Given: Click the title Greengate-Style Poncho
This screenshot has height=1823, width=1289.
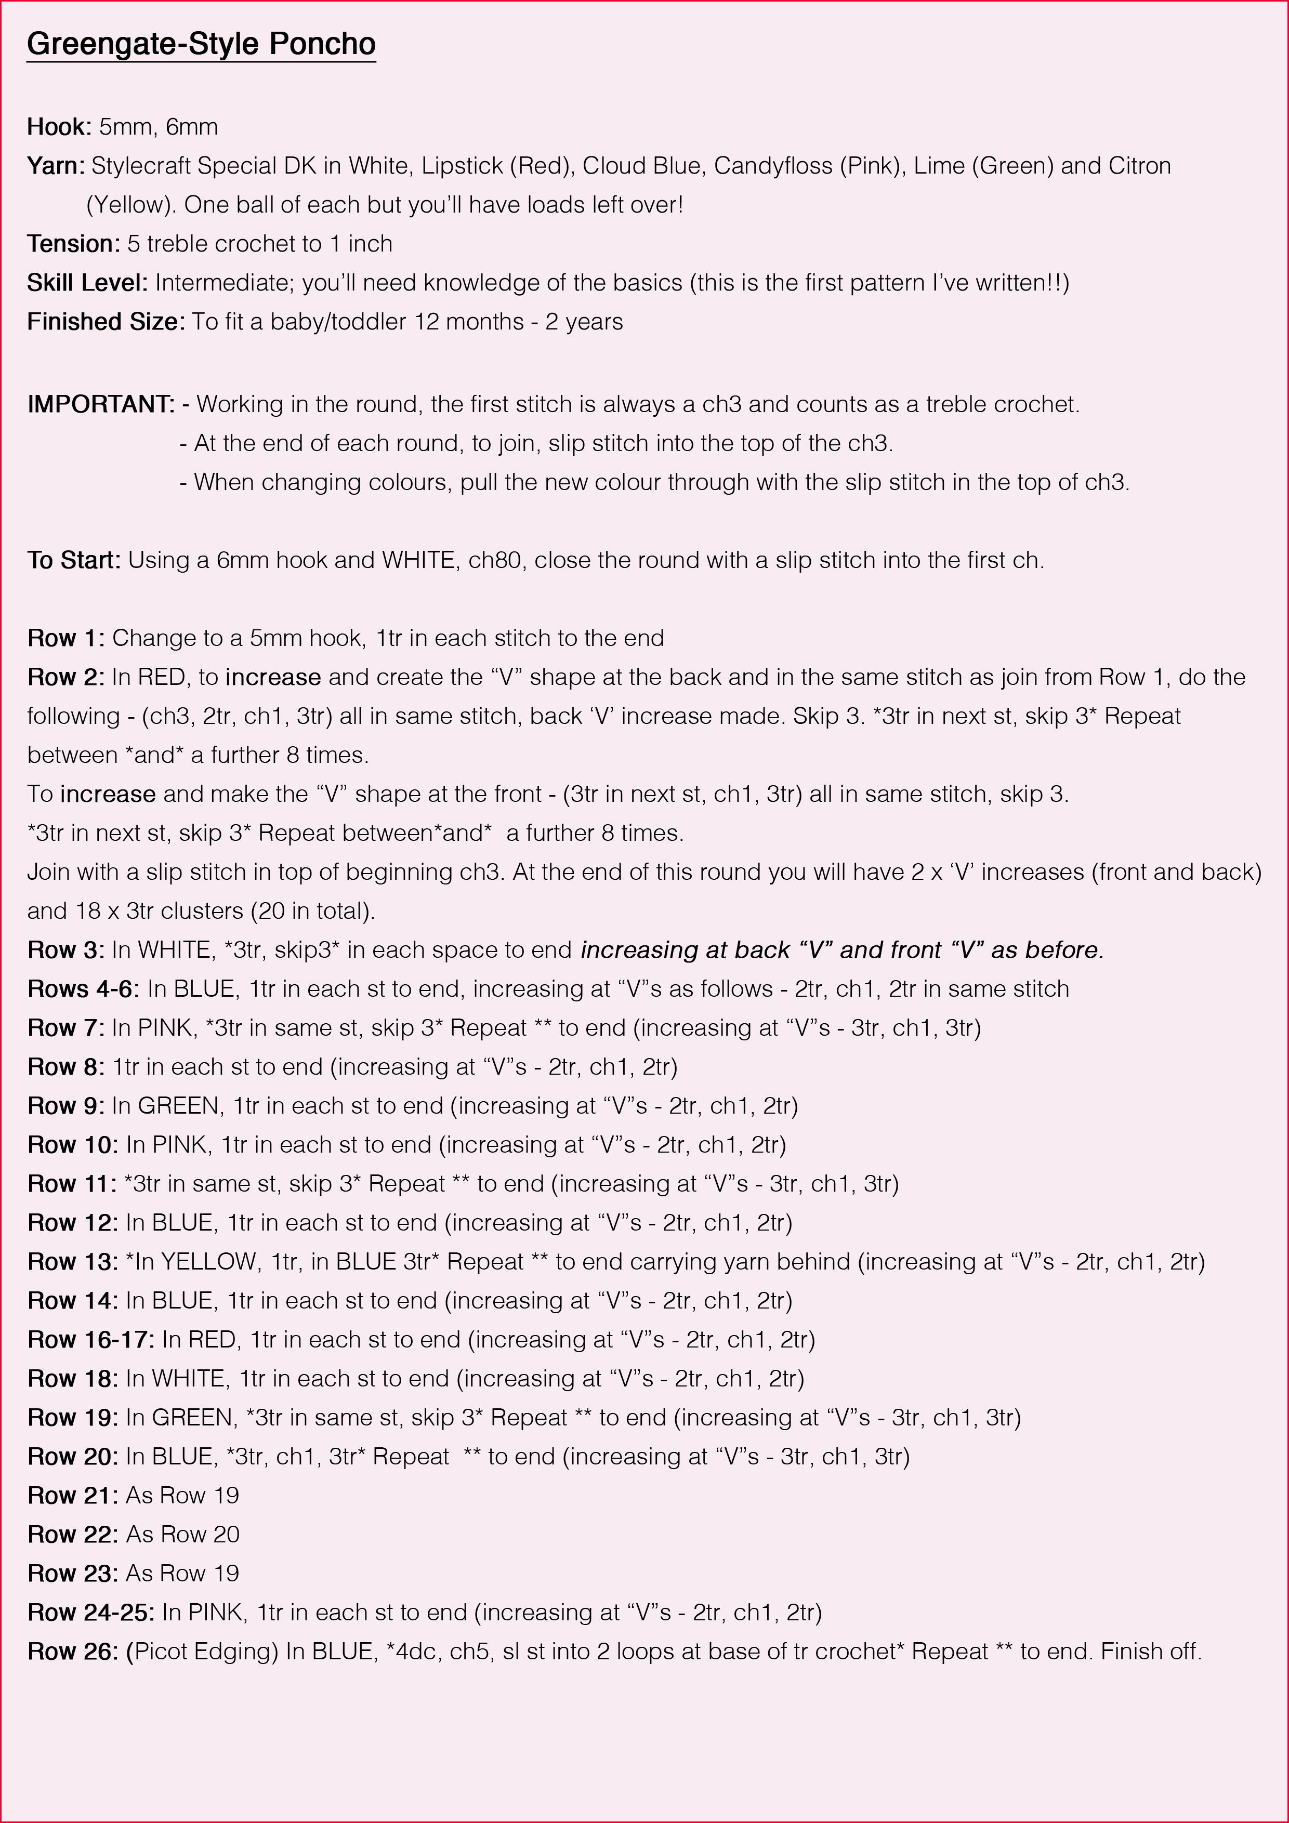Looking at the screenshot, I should click(201, 44).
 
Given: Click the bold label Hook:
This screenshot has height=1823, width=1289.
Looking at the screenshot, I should click(60, 127).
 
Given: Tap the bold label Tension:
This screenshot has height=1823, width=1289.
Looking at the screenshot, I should click(73, 244).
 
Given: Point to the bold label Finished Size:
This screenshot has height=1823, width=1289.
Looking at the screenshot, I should click(106, 322).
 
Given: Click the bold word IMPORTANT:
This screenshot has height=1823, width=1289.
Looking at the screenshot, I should click(101, 404).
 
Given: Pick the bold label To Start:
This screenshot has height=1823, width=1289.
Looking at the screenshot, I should click(74, 561).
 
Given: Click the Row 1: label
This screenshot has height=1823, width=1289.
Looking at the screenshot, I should click(66, 638).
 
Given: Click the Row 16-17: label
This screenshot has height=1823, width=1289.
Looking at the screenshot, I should click(90, 1340).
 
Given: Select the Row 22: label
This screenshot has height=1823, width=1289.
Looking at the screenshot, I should click(73, 1534).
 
